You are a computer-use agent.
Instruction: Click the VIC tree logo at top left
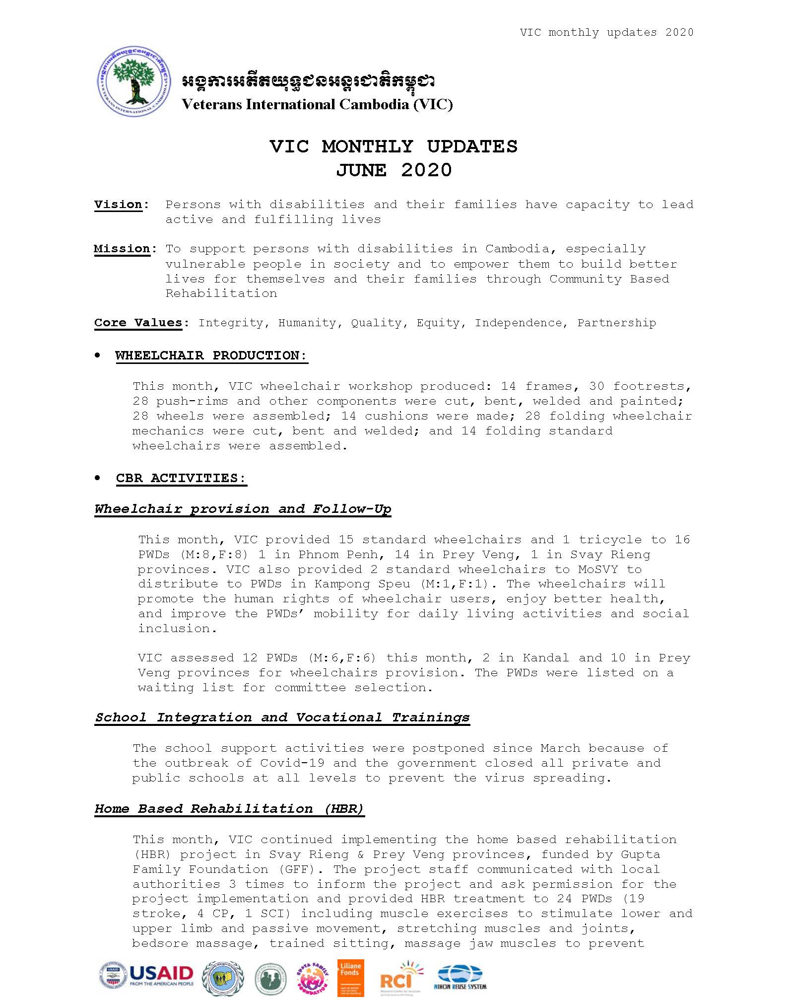[134, 81]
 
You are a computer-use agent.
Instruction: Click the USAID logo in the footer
[147, 976]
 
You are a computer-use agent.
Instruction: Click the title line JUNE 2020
[394, 170]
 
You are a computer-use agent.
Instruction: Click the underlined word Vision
[118, 205]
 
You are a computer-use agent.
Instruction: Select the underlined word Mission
[122, 249]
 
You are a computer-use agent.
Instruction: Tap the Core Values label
[138, 323]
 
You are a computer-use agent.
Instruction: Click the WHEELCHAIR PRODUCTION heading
[211, 356]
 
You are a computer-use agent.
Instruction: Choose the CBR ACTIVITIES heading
[181, 478]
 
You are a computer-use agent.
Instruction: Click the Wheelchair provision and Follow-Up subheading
[243, 509]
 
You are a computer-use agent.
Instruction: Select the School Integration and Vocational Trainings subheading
[282, 717]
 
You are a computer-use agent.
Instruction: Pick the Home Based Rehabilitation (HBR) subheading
[229, 809]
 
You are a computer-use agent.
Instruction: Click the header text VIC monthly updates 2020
[606, 32]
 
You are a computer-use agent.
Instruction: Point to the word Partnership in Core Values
[616, 323]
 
